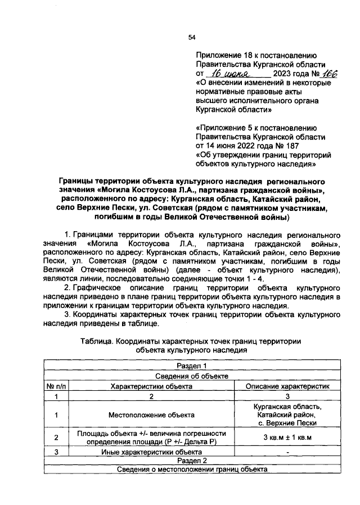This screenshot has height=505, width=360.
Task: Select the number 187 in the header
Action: (303, 145)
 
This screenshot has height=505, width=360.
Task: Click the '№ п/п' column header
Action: (56, 386)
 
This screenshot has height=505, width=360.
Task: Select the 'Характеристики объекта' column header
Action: (151, 386)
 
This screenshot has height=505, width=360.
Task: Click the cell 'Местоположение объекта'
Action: (151, 415)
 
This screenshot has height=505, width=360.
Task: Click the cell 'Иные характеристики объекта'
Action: (151, 451)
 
